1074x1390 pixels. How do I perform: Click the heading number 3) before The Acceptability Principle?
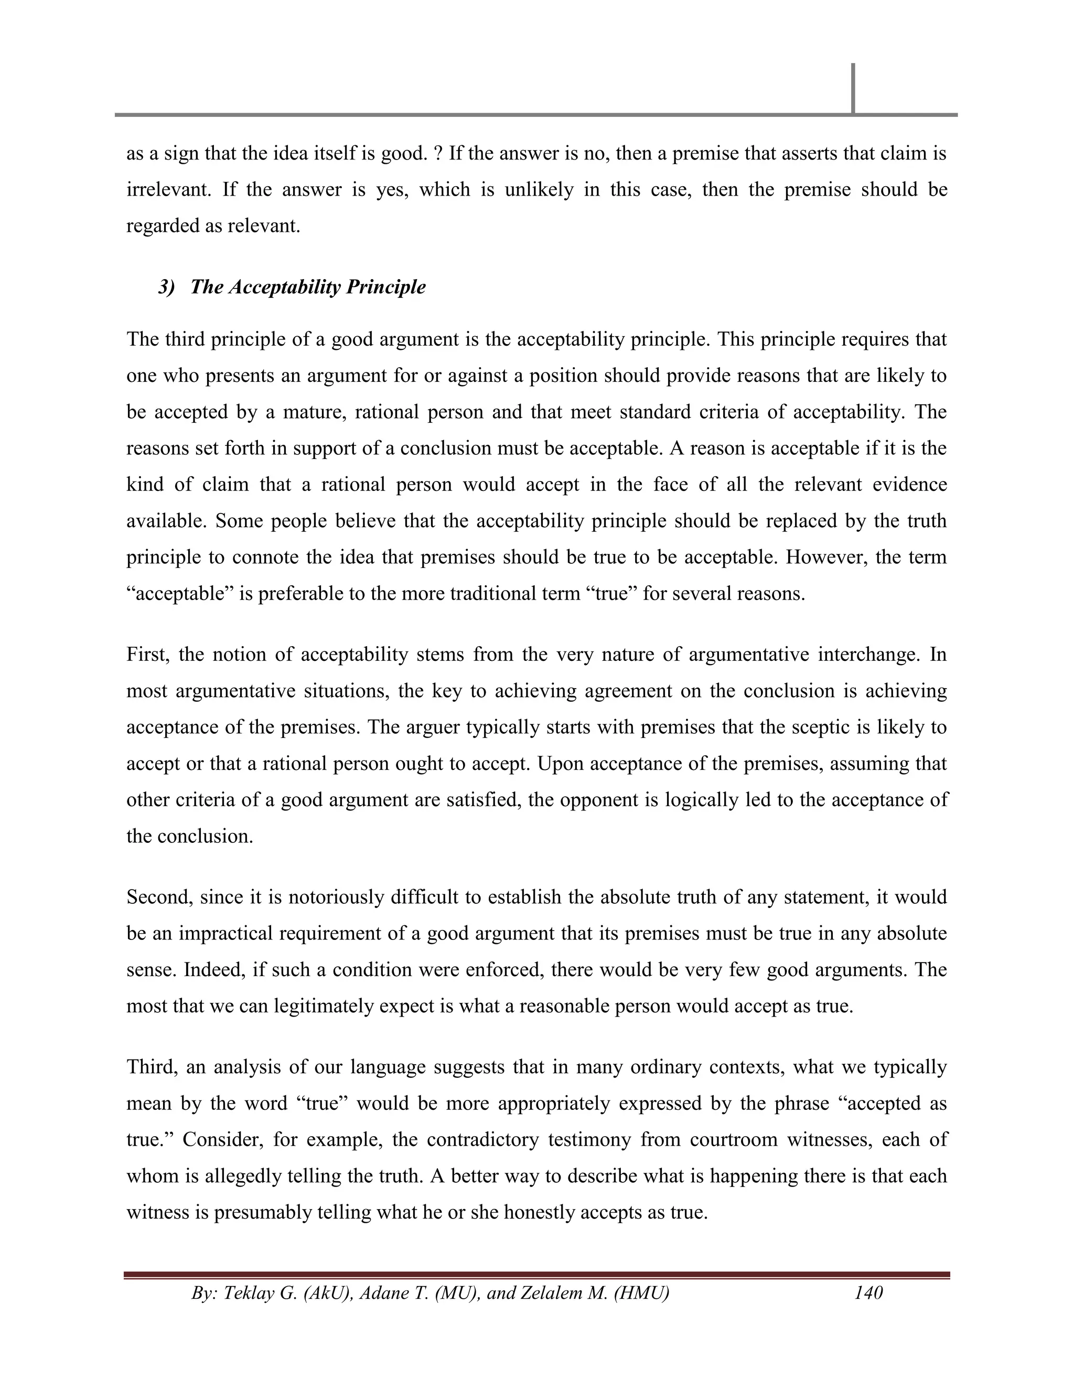click(x=166, y=287)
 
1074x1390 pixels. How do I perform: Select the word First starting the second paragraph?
click(x=146, y=654)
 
